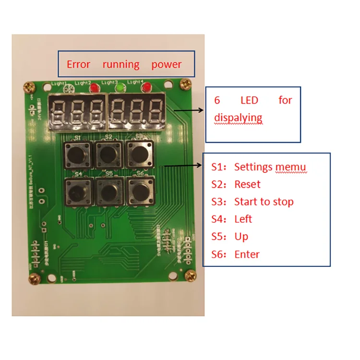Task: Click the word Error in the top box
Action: click(x=78, y=64)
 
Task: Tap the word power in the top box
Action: click(x=167, y=64)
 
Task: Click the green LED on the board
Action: click(x=120, y=88)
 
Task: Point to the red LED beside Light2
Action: click(x=95, y=88)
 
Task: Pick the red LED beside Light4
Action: click(x=146, y=88)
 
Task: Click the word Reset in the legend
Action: click(x=247, y=184)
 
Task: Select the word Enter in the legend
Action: click(x=247, y=254)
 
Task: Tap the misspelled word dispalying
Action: click(x=238, y=118)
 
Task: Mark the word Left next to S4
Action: click(x=243, y=219)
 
